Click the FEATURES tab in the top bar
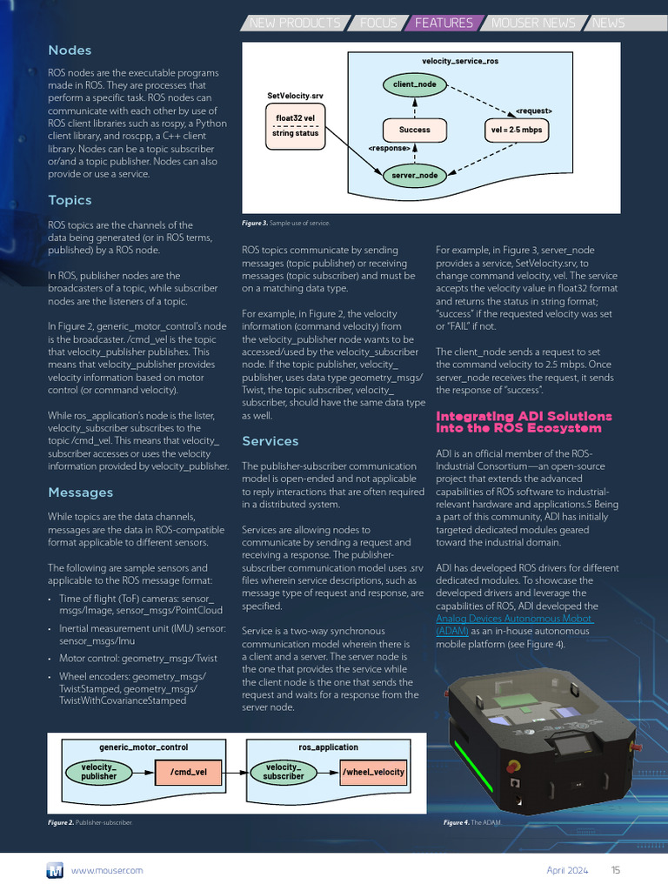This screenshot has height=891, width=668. tap(444, 23)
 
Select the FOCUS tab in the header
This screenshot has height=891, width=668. tap(377, 23)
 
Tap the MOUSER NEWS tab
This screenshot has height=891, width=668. tap(533, 23)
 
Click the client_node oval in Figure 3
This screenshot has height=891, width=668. tap(414, 84)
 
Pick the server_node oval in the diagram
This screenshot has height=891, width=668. tap(414, 175)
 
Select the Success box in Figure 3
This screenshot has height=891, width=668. tap(414, 130)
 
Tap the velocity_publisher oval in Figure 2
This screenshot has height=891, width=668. tap(98, 772)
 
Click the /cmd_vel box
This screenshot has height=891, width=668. tap(188, 772)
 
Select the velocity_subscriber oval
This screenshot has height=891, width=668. tap(284, 772)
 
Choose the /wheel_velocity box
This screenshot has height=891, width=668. tap(373, 772)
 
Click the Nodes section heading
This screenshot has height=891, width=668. tap(70, 50)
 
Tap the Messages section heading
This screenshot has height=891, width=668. tap(80, 492)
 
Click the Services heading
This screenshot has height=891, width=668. tap(270, 441)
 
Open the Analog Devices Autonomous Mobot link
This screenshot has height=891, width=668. tap(513, 619)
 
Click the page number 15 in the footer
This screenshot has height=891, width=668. tap(616, 869)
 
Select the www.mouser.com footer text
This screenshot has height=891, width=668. tap(107, 869)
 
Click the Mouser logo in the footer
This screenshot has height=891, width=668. tap(55, 869)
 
